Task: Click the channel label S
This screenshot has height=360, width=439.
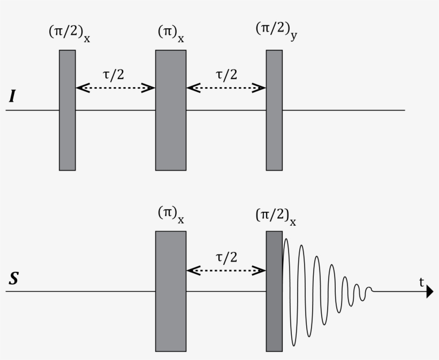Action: (x=13, y=279)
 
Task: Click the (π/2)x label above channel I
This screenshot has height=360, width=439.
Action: (x=69, y=33)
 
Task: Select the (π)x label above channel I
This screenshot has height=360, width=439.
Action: (x=171, y=33)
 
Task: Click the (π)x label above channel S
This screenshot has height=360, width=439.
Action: (x=171, y=214)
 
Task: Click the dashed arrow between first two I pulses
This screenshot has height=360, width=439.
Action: (x=115, y=88)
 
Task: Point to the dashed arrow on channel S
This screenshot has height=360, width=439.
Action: (x=226, y=270)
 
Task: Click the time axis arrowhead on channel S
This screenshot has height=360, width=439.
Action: (x=429, y=292)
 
